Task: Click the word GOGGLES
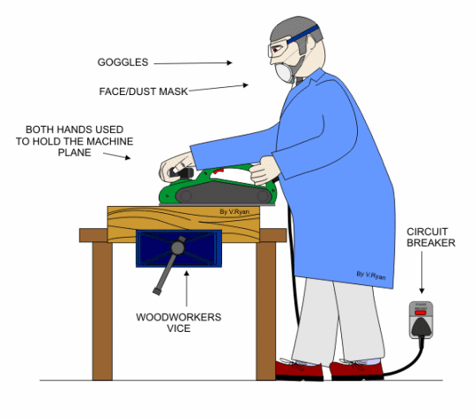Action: pos(123,62)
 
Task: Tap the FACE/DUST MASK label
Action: pos(144,92)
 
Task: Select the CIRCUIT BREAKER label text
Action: pos(431,238)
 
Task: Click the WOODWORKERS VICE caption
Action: pos(178,322)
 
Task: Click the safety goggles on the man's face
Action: pos(279,50)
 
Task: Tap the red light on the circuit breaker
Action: pos(420,312)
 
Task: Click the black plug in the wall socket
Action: pos(421,327)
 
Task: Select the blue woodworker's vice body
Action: pos(179,248)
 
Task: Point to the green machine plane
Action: pos(218,186)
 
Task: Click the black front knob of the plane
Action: pos(182,173)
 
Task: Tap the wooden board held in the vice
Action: pos(183,224)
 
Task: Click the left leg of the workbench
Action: pos(102,311)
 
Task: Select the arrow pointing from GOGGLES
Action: pos(193,63)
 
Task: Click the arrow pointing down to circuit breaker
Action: pos(421,272)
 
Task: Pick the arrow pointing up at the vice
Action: pos(186,288)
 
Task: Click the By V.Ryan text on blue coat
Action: pos(371,276)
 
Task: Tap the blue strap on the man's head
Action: pos(303,34)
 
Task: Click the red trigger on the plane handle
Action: pos(219,172)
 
